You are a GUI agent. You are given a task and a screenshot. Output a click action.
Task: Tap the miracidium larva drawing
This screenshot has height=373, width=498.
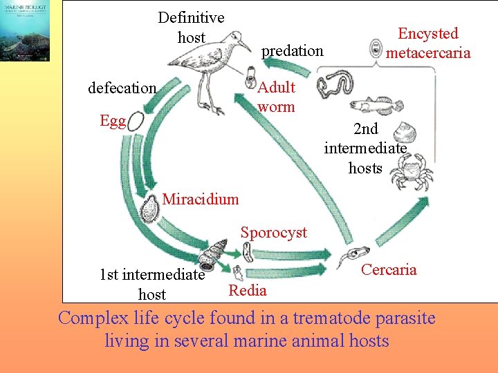pyautogui.click(x=149, y=207)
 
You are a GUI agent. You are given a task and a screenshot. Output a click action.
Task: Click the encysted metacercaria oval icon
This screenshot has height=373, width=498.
pyautogui.click(x=376, y=48)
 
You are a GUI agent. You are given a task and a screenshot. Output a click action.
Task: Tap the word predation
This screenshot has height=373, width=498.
pyautogui.click(x=292, y=50)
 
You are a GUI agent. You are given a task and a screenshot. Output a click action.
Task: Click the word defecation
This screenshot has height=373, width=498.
pyautogui.click(x=122, y=88)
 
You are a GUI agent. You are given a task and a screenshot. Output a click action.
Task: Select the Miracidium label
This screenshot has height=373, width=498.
pyautogui.click(x=201, y=200)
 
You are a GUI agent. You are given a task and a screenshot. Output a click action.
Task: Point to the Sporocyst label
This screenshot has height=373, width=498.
pyautogui.click(x=274, y=232)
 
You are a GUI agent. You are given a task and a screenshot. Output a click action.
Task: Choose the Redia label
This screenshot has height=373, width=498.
pyautogui.click(x=247, y=290)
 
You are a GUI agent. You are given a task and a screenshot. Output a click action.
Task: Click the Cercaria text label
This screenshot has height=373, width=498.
pyautogui.click(x=389, y=269)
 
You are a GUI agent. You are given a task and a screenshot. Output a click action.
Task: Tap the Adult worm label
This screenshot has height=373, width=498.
pyautogui.click(x=276, y=97)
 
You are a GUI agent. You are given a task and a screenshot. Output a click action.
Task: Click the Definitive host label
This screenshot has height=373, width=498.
pyautogui.click(x=192, y=27)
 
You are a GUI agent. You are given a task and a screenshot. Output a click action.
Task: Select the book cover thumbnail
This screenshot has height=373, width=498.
pyautogui.click(x=25, y=31)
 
